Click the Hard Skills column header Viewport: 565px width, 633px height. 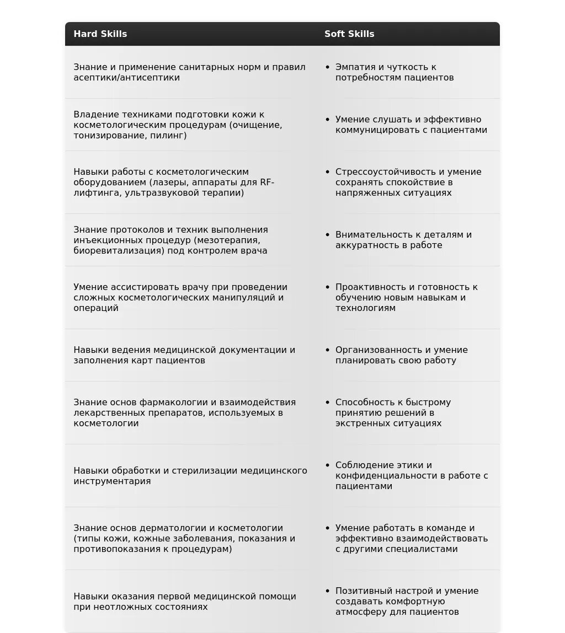click(x=100, y=34)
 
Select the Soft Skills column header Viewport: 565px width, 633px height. click(x=349, y=34)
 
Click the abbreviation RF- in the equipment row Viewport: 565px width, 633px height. click(x=267, y=183)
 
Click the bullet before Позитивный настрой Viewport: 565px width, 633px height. click(x=328, y=591)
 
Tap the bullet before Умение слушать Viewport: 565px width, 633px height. click(x=328, y=120)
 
